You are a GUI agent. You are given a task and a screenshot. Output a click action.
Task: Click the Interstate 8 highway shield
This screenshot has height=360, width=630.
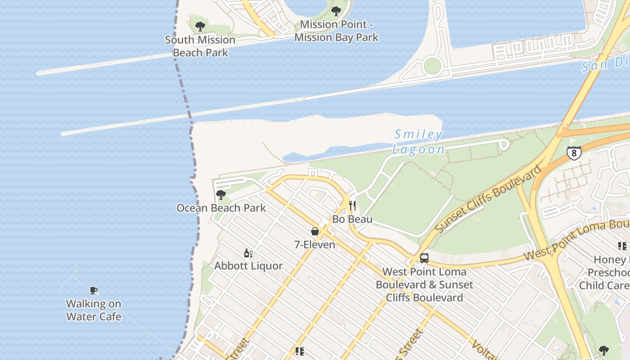coord(574,153)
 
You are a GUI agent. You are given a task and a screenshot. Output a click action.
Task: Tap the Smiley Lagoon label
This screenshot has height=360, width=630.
coord(418,142)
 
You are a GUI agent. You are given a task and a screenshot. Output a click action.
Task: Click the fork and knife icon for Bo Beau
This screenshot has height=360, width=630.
coord(352,206)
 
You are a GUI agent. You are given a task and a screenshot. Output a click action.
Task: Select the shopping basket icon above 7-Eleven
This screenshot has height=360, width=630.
coord(315,231)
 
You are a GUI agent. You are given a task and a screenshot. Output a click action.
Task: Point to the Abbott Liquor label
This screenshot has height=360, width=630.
coord(248,266)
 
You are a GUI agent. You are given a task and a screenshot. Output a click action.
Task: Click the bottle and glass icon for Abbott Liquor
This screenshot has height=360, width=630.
coord(248,253)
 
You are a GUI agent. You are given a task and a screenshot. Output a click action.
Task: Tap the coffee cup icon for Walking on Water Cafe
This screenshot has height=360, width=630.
coord(94,291)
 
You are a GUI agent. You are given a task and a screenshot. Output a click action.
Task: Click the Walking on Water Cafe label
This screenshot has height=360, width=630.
coord(94,310)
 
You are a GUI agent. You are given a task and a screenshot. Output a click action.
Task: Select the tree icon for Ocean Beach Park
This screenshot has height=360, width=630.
coord(220,195)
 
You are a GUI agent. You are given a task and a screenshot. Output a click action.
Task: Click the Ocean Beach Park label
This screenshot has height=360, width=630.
coord(221,208)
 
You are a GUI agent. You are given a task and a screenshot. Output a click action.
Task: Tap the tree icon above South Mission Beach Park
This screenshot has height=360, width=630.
coord(200,27)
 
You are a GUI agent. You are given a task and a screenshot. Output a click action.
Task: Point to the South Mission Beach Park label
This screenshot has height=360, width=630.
coord(200,46)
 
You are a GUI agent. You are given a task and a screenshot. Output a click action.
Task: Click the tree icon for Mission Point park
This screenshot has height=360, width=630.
coord(336,11)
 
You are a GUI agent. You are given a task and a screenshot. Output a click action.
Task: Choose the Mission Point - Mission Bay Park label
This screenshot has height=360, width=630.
coord(336,31)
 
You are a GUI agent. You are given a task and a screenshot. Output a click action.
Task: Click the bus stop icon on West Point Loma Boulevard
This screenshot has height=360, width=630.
coord(424,258)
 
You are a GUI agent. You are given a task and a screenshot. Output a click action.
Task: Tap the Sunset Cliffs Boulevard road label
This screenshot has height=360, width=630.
coord(488,199)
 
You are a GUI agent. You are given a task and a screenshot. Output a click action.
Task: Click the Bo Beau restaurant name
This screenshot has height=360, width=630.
coord(352,219)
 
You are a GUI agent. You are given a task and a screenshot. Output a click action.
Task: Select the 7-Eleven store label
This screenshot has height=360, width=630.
coord(315,245)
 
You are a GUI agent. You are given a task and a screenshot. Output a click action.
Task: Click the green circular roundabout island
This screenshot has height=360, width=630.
coord(432,66)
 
